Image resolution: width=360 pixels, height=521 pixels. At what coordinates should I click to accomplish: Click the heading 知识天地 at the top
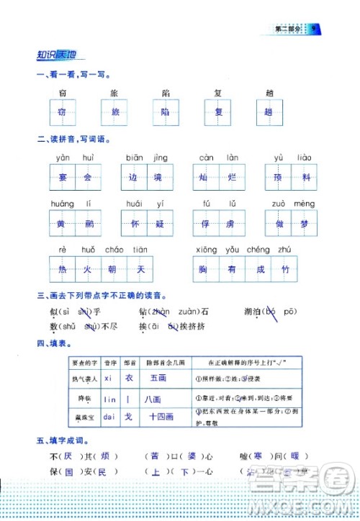click(x=59, y=55)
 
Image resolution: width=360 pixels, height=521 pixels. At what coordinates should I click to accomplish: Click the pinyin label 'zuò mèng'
click(x=294, y=204)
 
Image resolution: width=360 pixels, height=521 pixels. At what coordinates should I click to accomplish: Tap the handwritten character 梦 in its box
click(x=307, y=223)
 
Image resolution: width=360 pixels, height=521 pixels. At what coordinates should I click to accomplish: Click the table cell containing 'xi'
click(x=109, y=377)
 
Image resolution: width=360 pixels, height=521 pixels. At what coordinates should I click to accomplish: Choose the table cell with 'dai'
click(x=109, y=416)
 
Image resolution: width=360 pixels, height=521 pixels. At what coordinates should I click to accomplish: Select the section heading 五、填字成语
click(x=65, y=440)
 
